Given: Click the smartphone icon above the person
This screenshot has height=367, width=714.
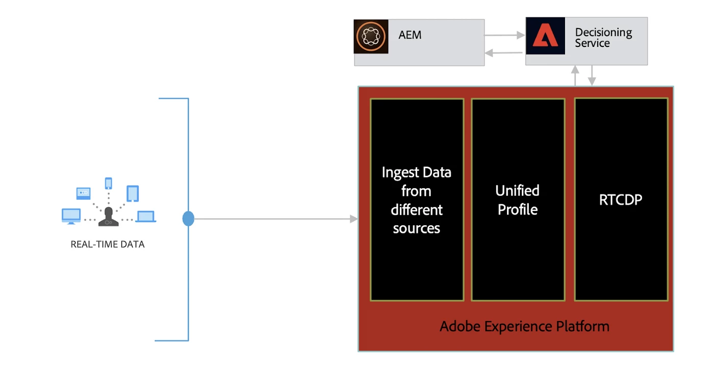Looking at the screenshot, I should (x=108, y=183).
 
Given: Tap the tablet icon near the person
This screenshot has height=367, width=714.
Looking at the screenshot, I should (x=133, y=194).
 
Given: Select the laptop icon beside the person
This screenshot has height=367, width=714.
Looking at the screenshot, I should (x=146, y=217).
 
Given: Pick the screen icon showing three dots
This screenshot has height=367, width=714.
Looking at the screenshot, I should (x=83, y=194).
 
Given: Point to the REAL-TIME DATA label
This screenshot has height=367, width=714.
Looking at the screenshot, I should (x=108, y=244).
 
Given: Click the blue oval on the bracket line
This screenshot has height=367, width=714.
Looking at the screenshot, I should (x=188, y=219).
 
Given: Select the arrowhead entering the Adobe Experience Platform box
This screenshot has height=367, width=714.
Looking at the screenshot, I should (x=353, y=219).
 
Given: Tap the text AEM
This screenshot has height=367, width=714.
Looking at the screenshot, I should (x=410, y=36).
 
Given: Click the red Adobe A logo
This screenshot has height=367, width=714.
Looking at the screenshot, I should (x=545, y=36).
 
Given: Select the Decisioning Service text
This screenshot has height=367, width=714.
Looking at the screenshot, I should (x=603, y=38).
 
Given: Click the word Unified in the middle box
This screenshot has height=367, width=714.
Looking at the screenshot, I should (x=517, y=191).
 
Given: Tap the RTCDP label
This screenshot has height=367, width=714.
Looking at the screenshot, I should (x=621, y=200).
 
